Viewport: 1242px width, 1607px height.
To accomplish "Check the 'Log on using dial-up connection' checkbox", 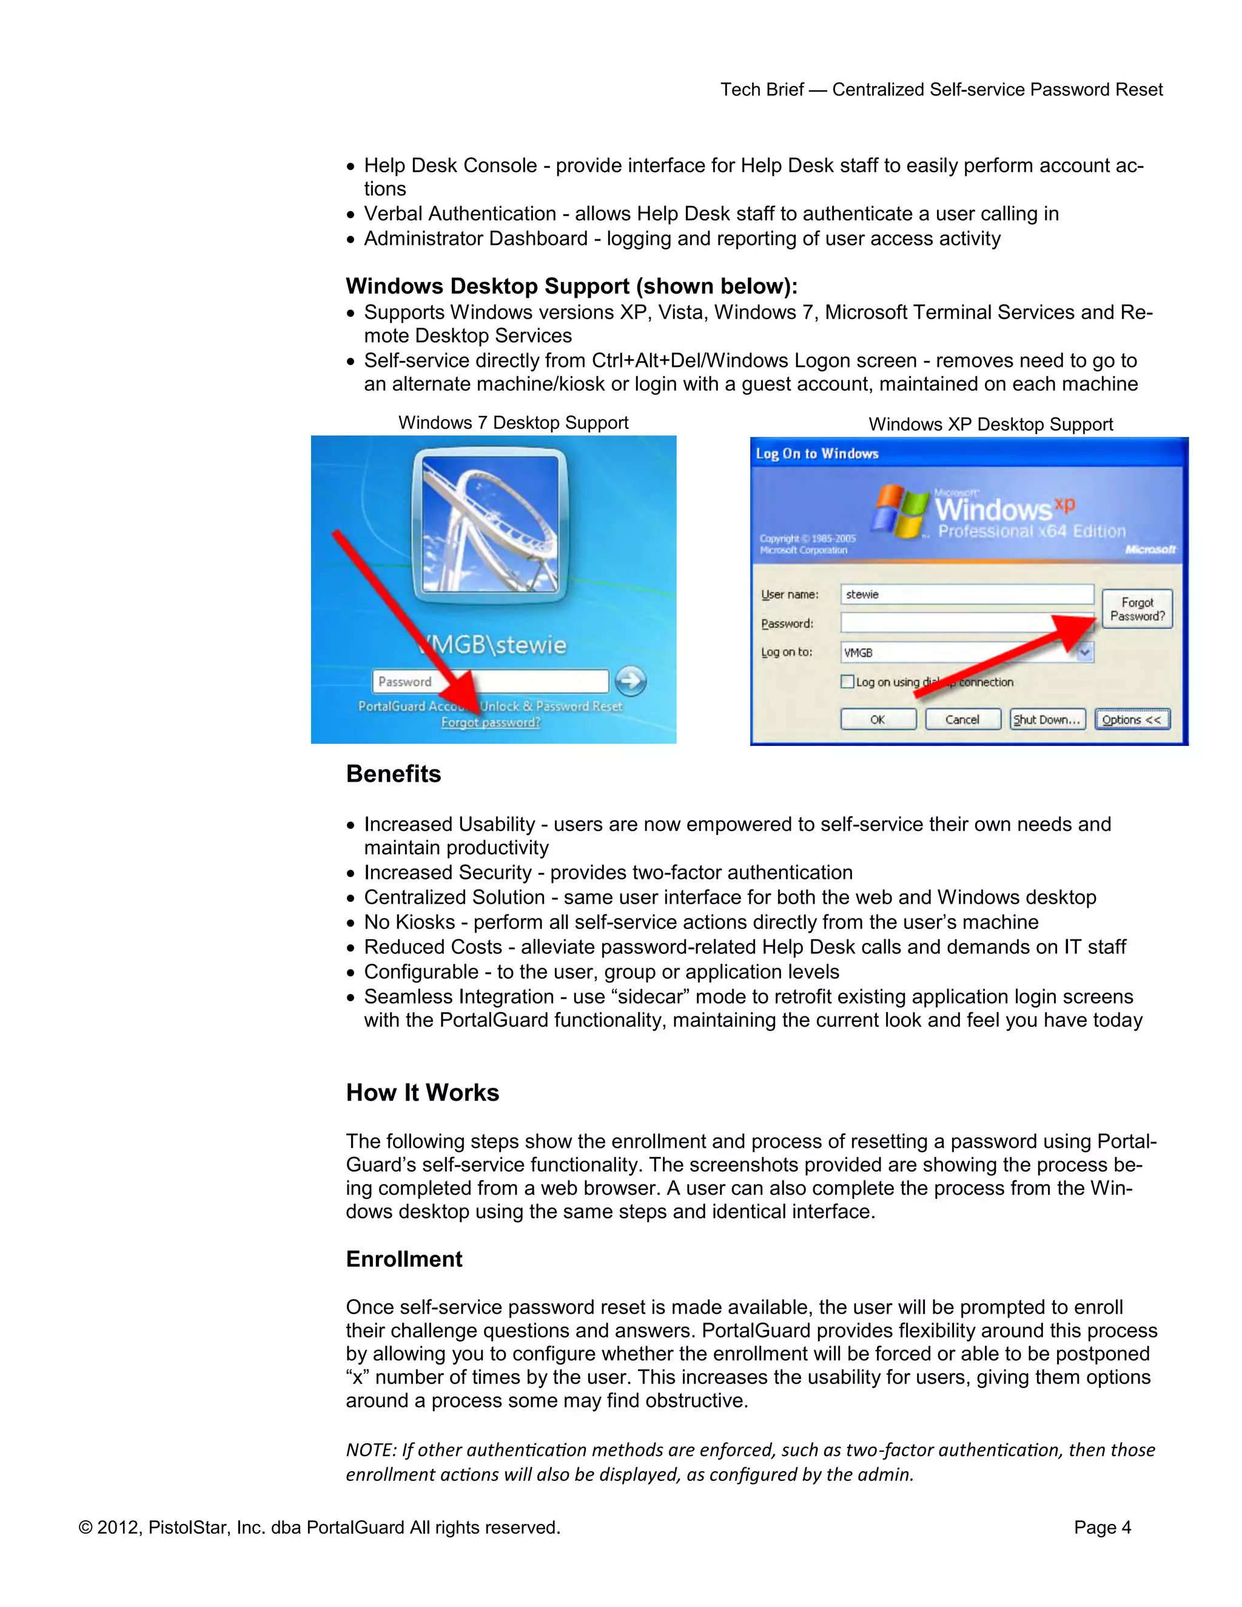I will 848,682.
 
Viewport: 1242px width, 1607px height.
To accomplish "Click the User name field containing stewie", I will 966,594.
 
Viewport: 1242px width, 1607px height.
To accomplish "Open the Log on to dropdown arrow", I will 1084,652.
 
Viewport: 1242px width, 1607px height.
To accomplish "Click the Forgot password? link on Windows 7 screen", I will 490,723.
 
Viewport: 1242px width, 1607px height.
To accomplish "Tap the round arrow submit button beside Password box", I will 631,682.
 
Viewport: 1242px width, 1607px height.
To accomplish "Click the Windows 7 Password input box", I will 490,682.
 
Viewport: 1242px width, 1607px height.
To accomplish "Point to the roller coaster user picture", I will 490,524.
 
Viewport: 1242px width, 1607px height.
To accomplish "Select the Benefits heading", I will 393,774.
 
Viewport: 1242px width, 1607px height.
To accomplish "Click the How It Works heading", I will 422,1093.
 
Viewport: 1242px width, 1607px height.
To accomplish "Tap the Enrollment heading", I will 404,1259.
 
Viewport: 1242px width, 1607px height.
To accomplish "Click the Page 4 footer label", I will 1101,1528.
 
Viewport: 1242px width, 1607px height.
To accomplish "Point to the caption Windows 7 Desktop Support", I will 513,422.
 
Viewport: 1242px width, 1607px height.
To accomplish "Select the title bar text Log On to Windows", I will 817,454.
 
